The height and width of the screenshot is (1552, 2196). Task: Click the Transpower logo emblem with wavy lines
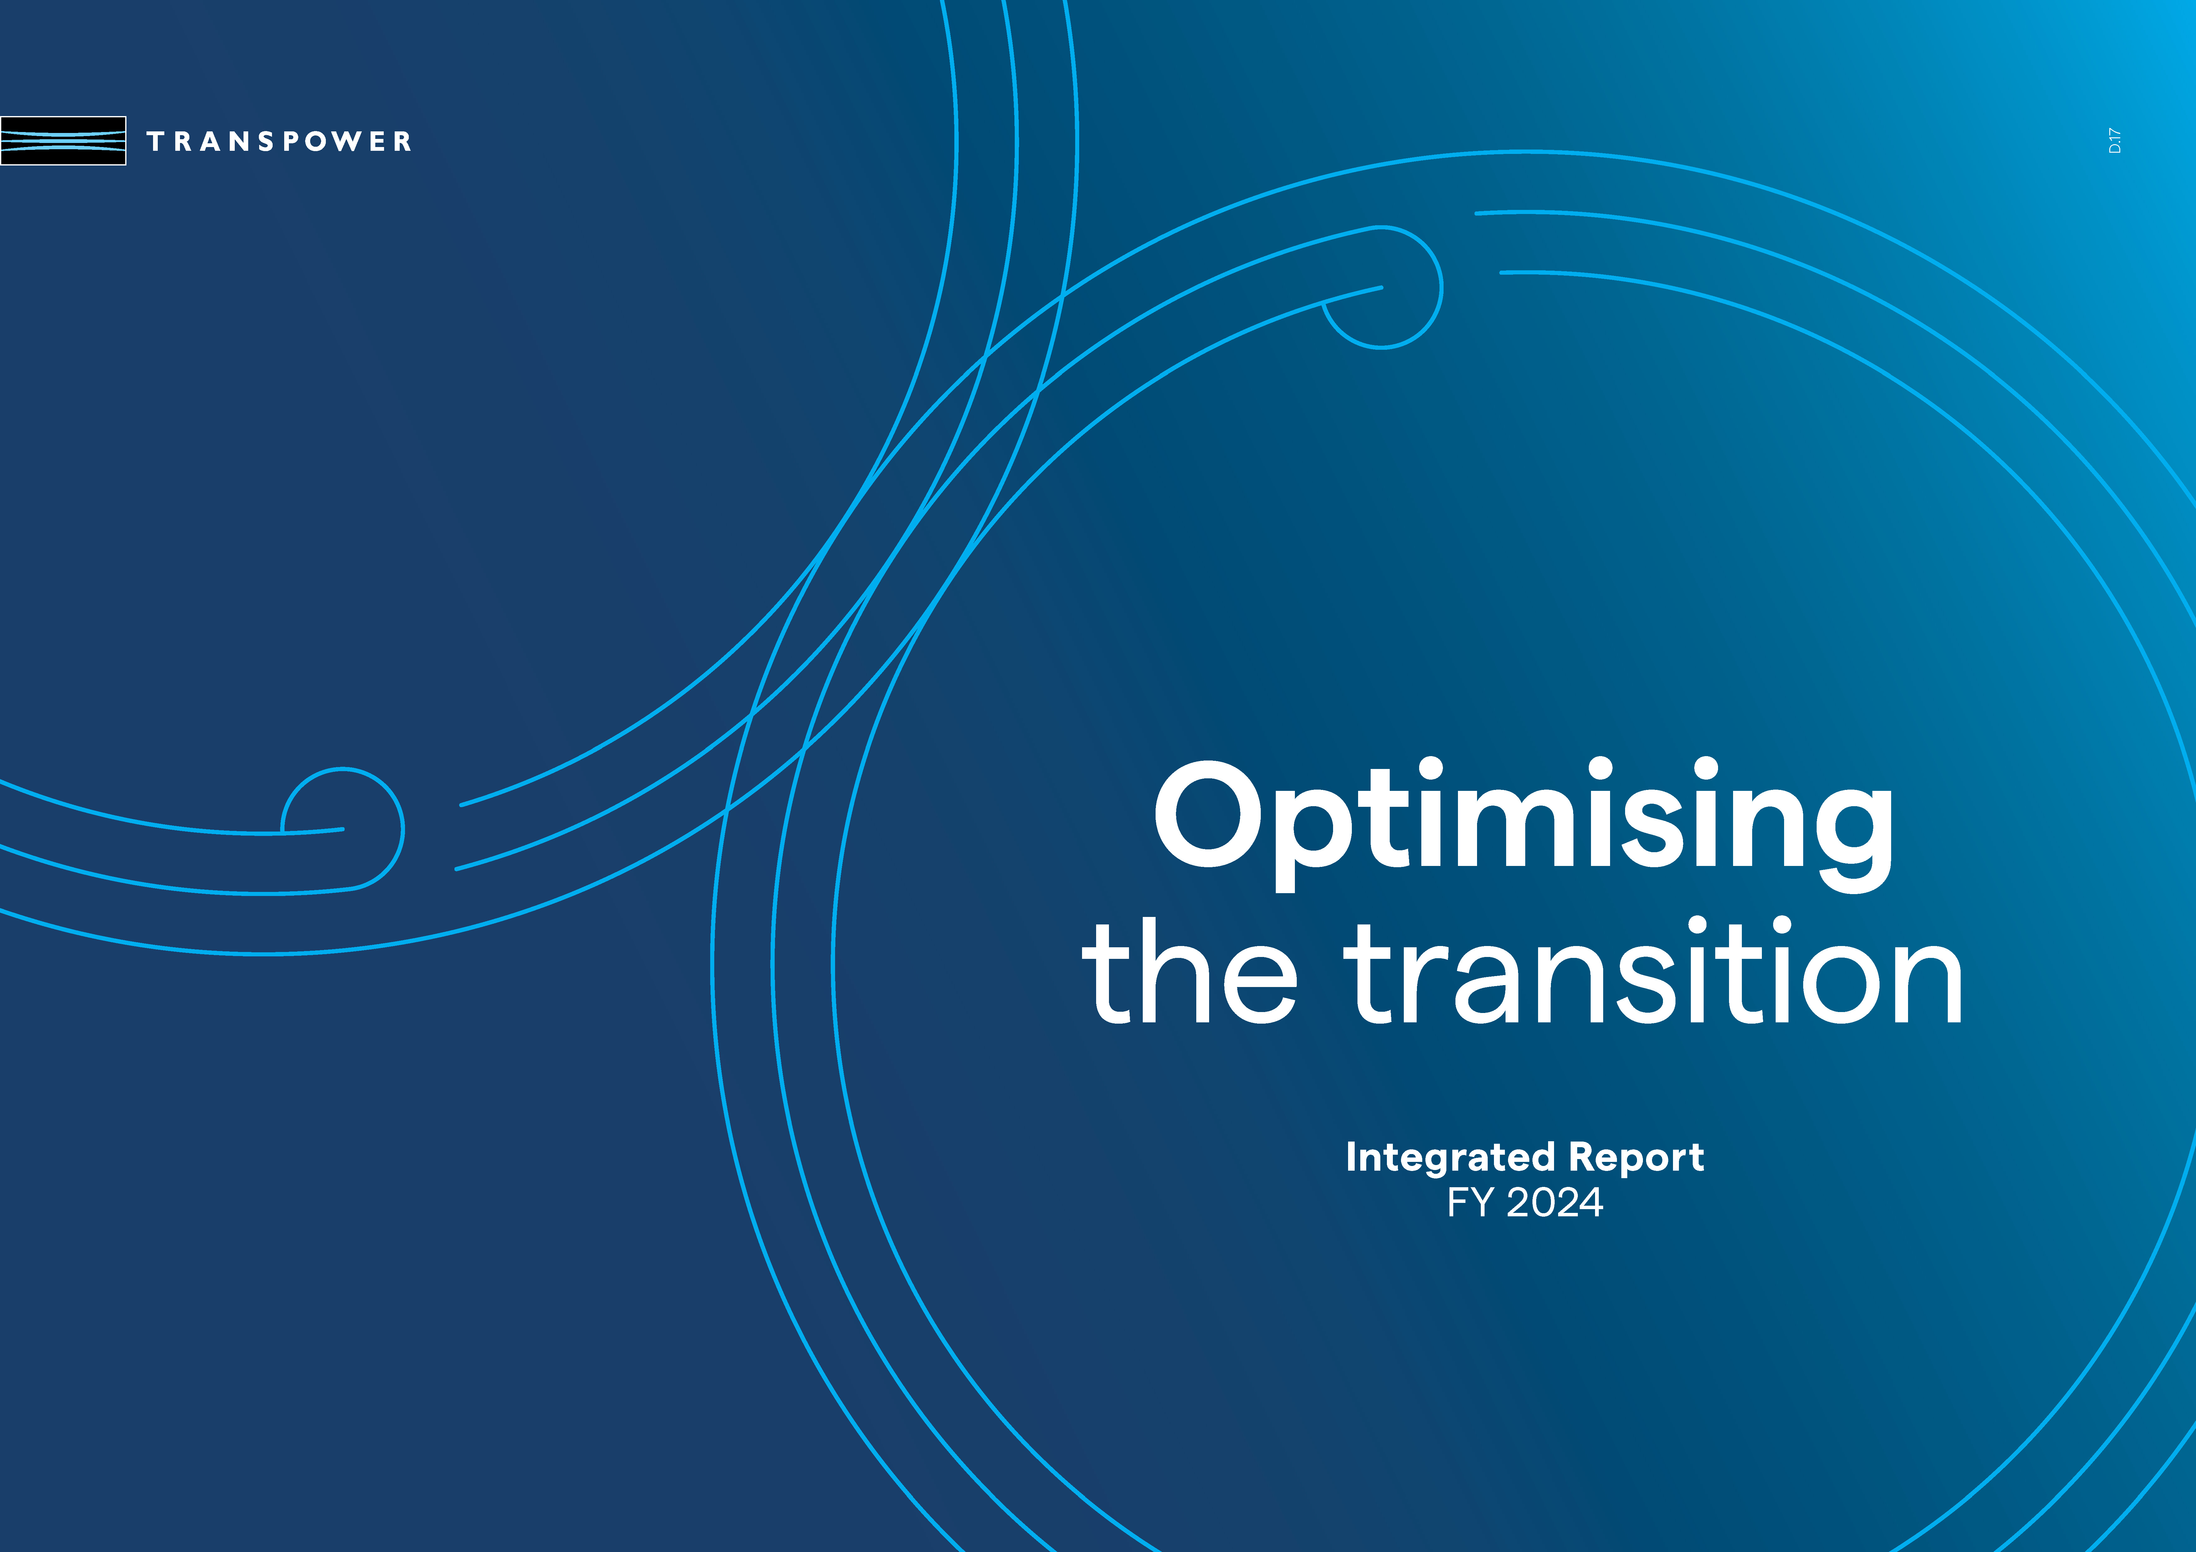click(x=63, y=140)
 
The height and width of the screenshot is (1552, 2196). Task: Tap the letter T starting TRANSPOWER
click(x=155, y=141)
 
